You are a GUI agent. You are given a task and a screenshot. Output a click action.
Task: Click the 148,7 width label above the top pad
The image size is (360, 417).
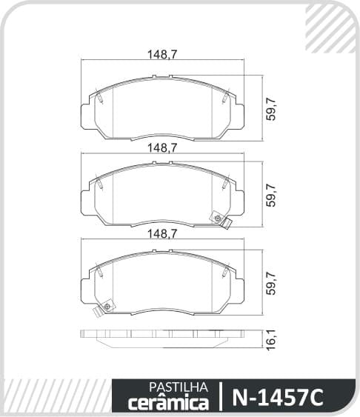(x=162, y=55)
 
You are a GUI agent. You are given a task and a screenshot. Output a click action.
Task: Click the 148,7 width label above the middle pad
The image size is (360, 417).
(x=162, y=148)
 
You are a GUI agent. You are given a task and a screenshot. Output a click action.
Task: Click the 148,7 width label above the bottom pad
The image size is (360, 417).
(x=162, y=234)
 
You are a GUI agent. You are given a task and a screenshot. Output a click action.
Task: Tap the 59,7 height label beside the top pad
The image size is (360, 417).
(x=271, y=109)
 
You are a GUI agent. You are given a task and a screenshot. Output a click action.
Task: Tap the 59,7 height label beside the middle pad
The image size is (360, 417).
(x=271, y=195)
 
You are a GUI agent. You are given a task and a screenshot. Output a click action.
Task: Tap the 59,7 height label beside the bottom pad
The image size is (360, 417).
(x=271, y=283)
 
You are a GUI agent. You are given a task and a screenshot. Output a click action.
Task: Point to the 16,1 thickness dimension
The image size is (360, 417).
(x=271, y=340)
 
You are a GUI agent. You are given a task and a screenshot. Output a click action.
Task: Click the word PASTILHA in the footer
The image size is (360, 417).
(x=178, y=387)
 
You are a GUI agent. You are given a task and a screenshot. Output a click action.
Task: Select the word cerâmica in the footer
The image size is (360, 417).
(x=169, y=402)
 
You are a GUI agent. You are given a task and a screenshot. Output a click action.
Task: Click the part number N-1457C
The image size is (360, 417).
(x=278, y=397)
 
